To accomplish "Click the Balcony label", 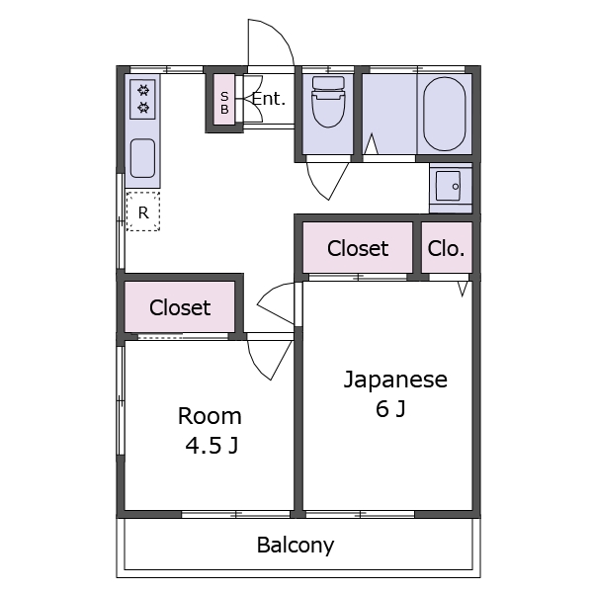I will click(x=296, y=545).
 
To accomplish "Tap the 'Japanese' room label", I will click(x=395, y=380).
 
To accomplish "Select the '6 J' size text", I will click(x=390, y=409).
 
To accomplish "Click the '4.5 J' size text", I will click(x=212, y=446).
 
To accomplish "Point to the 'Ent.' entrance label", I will click(x=268, y=99).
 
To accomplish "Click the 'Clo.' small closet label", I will click(x=447, y=249).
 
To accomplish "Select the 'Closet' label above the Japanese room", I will click(x=358, y=249).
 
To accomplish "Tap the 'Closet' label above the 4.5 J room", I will click(x=180, y=307).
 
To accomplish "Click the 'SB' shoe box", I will click(x=224, y=103).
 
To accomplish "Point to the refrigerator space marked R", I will click(x=143, y=212).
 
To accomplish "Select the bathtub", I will click(x=445, y=114).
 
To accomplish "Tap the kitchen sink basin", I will click(x=143, y=157).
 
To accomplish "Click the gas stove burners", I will click(x=143, y=98).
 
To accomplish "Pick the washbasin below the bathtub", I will click(x=450, y=185).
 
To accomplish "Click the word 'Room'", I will click(x=210, y=416).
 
